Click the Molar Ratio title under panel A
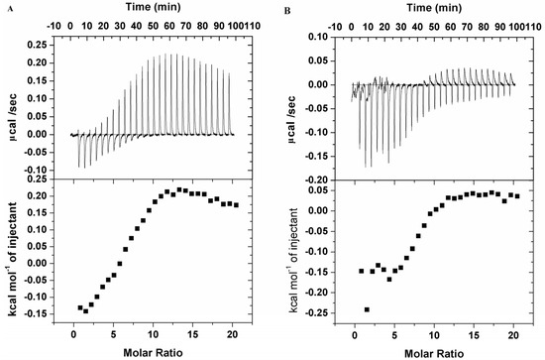(154, 352)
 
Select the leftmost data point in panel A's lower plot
(80, 307)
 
